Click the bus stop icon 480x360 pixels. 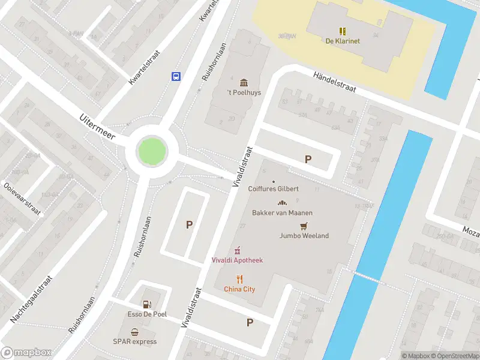[x=176, y=76]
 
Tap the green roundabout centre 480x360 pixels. [x=151, y=149]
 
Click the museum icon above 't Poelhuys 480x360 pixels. [x=244, y=82]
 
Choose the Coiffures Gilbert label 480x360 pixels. [x=273, y=188]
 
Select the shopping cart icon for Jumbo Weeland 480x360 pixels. [x=304, y=226]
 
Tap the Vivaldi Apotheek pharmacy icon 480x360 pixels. [x=238, y=250]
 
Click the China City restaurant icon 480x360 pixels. [x=239, y=278]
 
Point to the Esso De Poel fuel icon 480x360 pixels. [x=147, y=304]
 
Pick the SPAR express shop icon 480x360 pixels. [x=136, y=332]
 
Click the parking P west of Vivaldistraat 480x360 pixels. [x=190, y=225]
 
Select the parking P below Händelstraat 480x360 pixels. [x=308, y=160]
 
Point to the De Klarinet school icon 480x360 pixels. [x=343, y=31]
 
